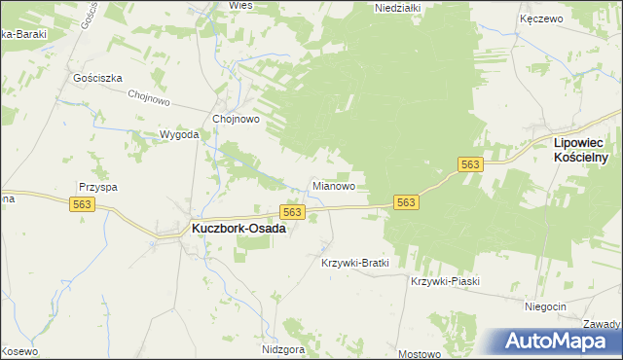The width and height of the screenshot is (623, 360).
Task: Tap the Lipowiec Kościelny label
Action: (580, 149)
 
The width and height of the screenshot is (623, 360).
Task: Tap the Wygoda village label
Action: (179, 135)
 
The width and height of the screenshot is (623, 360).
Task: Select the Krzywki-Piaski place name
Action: (446, 281)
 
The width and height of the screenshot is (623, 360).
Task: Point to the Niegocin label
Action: (545, 306)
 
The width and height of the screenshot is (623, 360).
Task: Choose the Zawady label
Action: (604, 324)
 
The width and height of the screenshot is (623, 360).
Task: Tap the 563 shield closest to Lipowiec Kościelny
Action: (470, 165)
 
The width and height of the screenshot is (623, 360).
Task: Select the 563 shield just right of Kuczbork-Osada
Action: (293, 211)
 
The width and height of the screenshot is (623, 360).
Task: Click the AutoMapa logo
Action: (562, 342)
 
